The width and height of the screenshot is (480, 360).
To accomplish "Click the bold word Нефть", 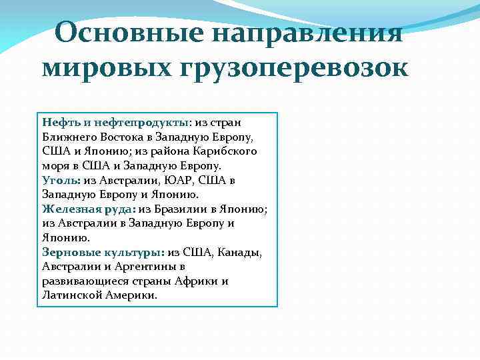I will (x=59, y=123).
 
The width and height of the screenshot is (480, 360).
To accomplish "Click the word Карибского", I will (x=226, y=151).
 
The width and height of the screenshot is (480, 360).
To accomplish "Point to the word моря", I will (x=55, y=166).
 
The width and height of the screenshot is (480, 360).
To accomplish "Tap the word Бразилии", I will (x=183, y=209).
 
